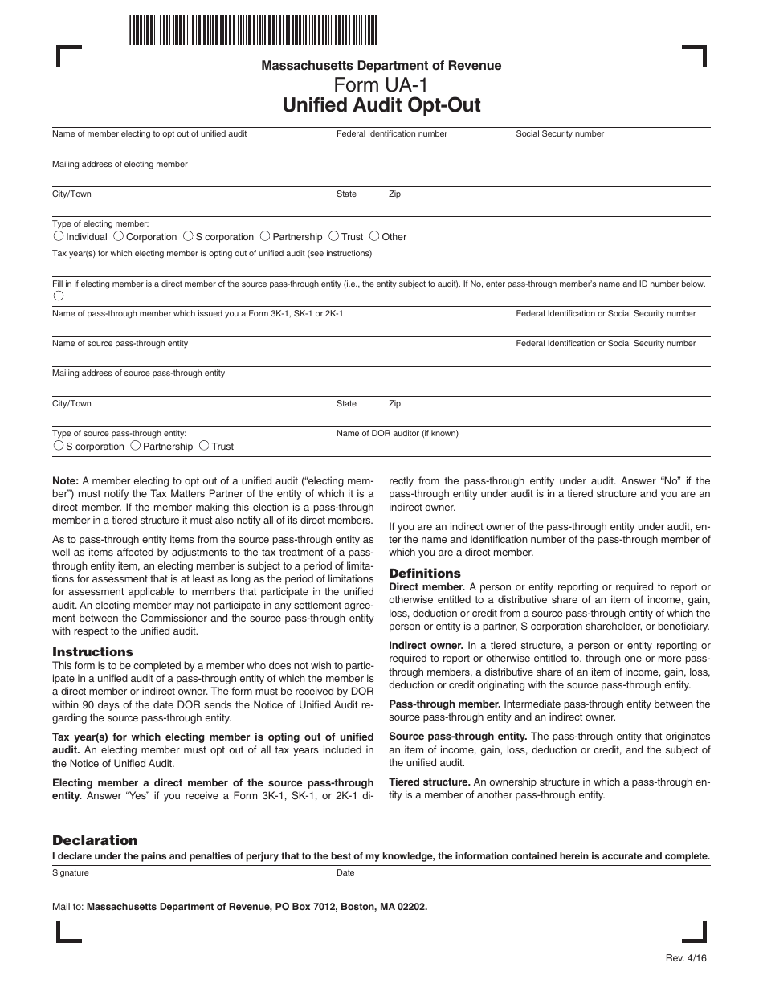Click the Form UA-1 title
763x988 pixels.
click(381, 85)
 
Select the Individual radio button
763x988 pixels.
click(59, 236)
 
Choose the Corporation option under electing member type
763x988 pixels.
click(118, 236)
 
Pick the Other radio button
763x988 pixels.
click(374, 236)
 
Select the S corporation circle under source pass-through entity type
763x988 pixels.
click(58, 445)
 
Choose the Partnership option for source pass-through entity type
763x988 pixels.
click(136, 445)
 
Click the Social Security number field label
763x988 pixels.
click(559, 134)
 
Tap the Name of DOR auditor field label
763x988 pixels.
click(397, 433)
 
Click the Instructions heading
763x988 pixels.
click(92, 652)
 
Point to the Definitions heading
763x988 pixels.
click(425, 574)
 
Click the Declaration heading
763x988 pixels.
click(95, 840)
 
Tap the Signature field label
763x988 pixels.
click(71, 872)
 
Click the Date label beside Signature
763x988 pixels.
click(345, 872)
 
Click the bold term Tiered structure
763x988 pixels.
click(429, 782)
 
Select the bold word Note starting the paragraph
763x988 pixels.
click(65, 480)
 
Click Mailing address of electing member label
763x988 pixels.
click(120, 164)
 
